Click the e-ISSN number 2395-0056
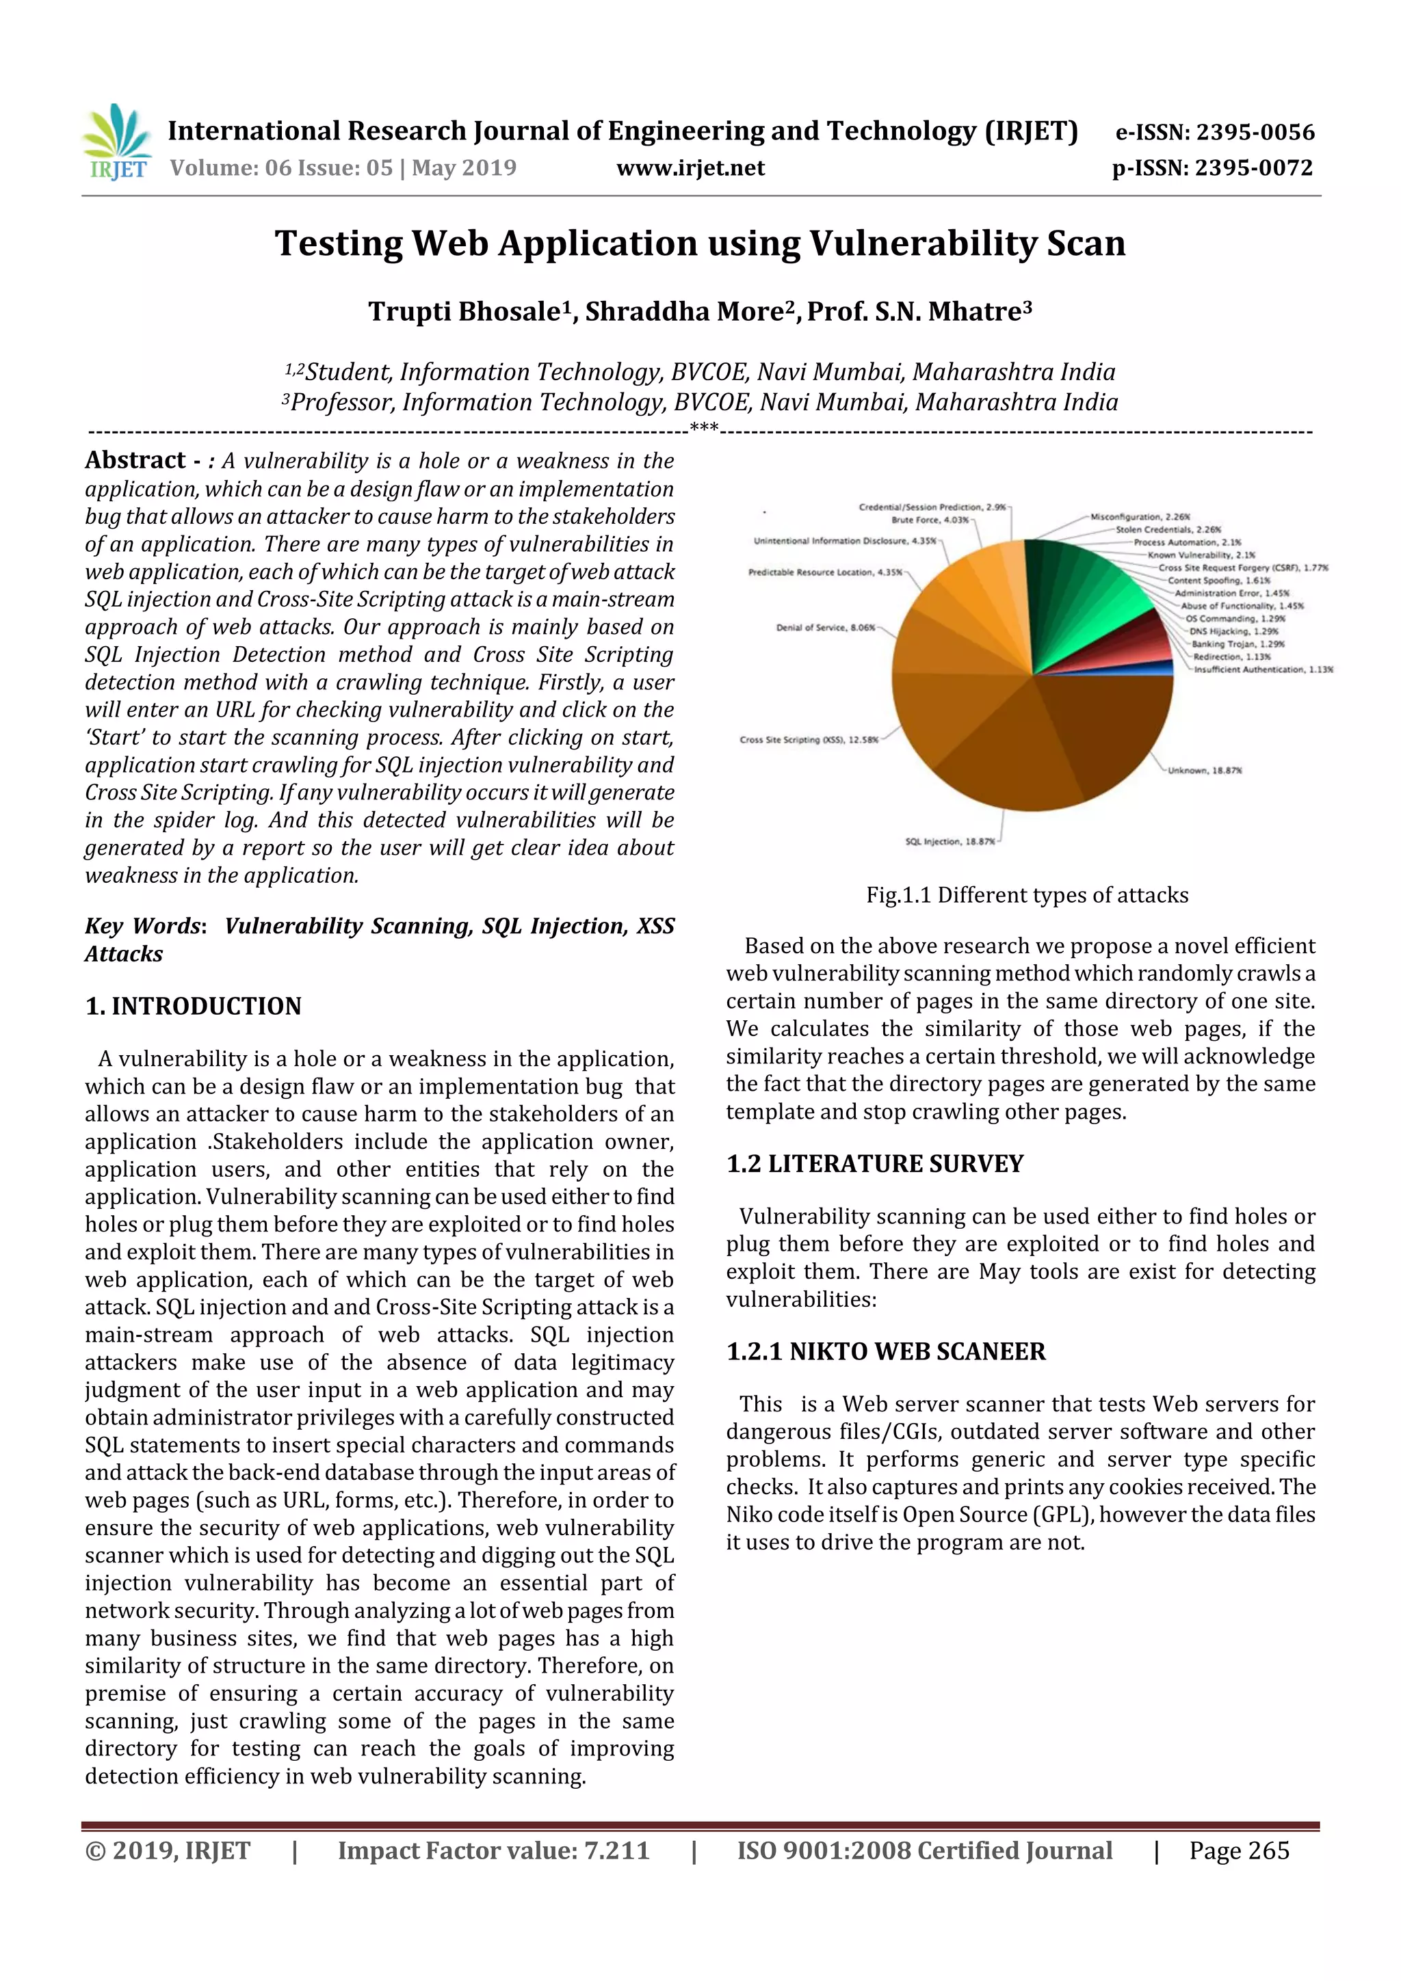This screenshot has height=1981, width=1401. point(1255,132)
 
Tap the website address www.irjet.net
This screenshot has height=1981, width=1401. point(690,168)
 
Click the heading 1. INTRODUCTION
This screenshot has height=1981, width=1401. point(194,1006)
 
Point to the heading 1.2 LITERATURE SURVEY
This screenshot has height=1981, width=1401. point(874,1163)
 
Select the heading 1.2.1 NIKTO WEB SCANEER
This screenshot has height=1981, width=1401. point(886,1351)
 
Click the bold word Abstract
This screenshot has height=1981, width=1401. point(135,460)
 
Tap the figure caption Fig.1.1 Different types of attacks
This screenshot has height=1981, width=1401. point(1026,894)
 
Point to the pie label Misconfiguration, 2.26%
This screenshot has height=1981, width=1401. point(1140,517)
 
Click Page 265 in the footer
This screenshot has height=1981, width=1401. point(1238,1850)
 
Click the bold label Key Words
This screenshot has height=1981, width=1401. point(143,926)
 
